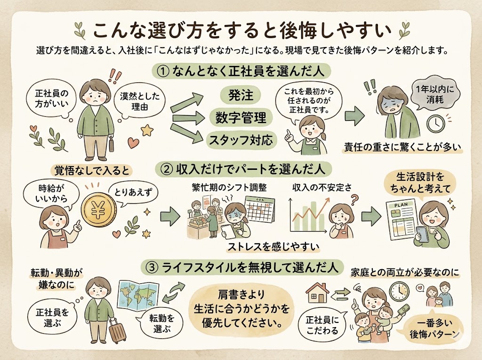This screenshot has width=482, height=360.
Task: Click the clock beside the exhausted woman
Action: point(436,123)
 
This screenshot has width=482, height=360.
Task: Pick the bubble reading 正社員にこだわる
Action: point(322,324)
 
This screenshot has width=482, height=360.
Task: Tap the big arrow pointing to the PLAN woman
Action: point(373,216)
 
